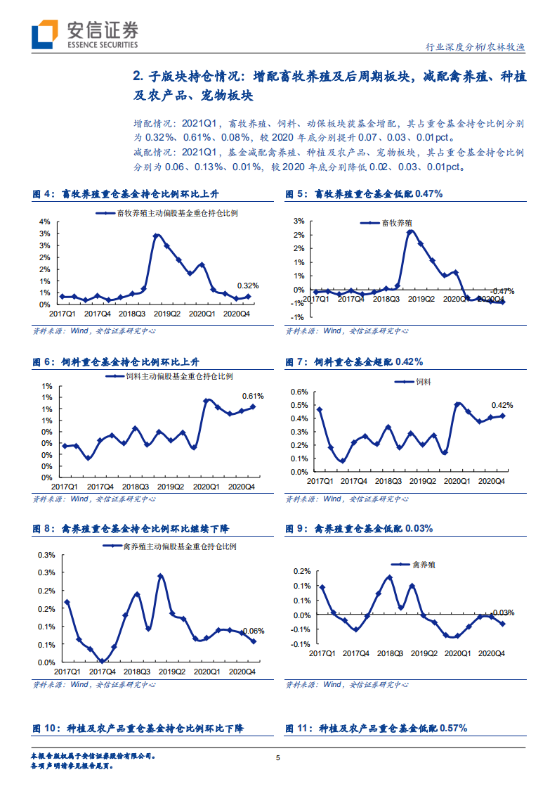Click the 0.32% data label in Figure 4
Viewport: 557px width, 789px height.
pyautogui.click(x=248, y=286)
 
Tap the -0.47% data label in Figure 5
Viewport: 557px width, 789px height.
pyautogui.click(x=502, y=290)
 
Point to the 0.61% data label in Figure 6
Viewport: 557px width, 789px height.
pyautogui.click(x=253, y=396)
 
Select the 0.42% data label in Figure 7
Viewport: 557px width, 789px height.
pyautogui.click(x=502, y=405)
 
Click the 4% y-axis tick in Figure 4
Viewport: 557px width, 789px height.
pyautogui.click(x=44, y=222)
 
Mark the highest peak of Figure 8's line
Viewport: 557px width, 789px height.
pyautogui.click(x=161, y=576)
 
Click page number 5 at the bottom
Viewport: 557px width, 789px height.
pyautogui.click(x=278, y=757)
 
